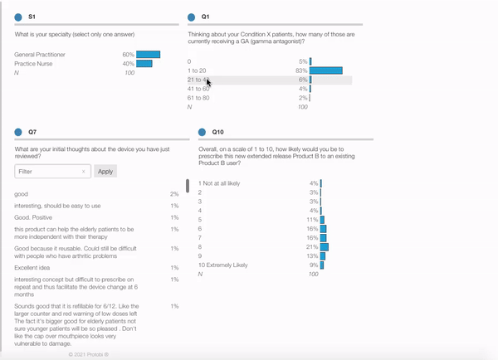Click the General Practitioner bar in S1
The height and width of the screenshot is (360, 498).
148,55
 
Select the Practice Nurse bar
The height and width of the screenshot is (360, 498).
144,64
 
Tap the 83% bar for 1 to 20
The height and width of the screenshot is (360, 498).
326,71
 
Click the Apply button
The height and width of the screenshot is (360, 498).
105,172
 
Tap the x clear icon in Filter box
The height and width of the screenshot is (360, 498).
84,172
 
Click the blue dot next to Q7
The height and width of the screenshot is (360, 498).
18,132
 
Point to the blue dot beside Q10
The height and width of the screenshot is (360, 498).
203,132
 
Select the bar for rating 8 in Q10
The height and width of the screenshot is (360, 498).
325,247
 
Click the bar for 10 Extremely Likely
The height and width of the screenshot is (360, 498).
322,265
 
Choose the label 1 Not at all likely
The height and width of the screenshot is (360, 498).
219,183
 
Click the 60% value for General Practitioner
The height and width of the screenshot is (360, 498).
128,55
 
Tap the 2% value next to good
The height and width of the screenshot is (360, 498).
174,194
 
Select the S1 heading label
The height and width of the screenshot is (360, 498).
32,17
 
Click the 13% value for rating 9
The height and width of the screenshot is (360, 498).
312,256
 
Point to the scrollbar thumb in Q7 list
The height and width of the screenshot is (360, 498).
188,186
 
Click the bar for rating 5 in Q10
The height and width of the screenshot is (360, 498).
323,220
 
